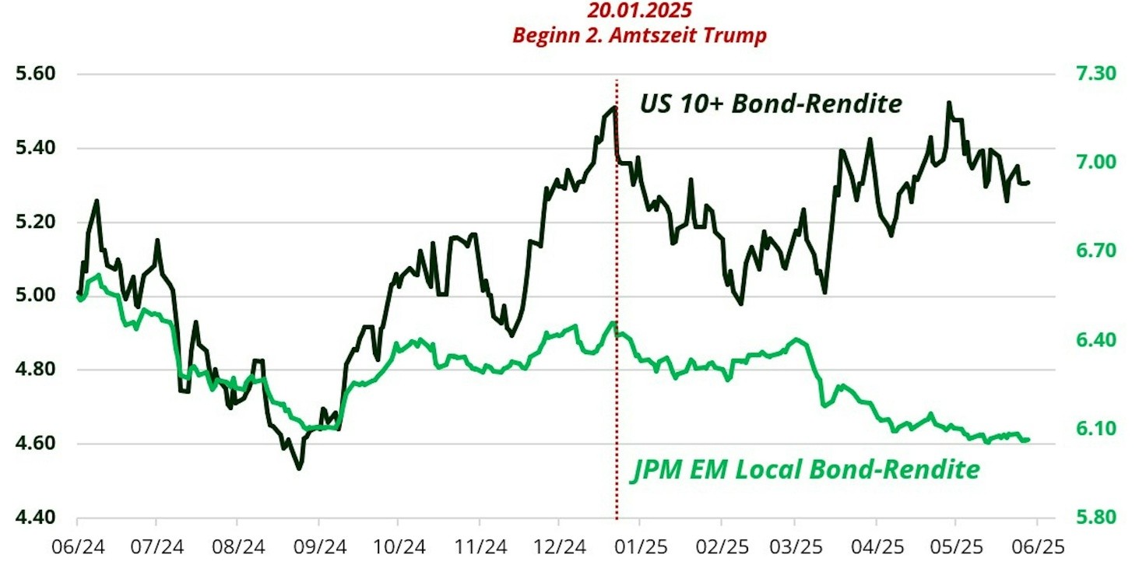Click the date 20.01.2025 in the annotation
[639, 11]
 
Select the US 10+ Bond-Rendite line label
[771, 104]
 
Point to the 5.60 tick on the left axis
[35, 75]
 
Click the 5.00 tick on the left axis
[35, 296]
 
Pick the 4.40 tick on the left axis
[35, 518]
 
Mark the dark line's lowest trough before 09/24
[299, 468]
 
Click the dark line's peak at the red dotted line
[615, 107]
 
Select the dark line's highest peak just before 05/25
[948, 103]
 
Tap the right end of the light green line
[1029, 440]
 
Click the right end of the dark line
[1029, 183]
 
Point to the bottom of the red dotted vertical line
[617, 518]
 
